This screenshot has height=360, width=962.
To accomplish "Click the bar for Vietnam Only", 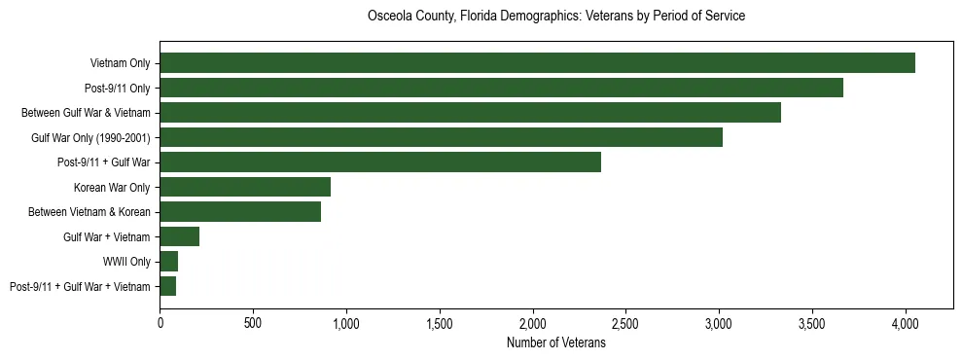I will [537, 63].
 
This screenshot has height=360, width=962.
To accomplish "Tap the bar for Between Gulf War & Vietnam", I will [470, 113].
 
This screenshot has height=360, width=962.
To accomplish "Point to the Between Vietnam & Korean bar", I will [240, 212].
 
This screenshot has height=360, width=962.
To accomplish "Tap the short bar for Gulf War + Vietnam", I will [180, 236].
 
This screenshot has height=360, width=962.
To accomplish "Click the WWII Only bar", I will [169, 262].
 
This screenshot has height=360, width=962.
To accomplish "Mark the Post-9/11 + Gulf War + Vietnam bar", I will [168, 286].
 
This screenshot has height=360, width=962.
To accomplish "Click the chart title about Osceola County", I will [556, 17].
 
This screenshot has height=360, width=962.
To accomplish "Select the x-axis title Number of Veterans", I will [556, 343].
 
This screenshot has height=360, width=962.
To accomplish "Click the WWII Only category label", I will [126, 262].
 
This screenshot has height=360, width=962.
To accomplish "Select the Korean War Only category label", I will [112, 187].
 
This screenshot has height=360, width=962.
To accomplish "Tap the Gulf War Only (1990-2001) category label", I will [90, 137].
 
